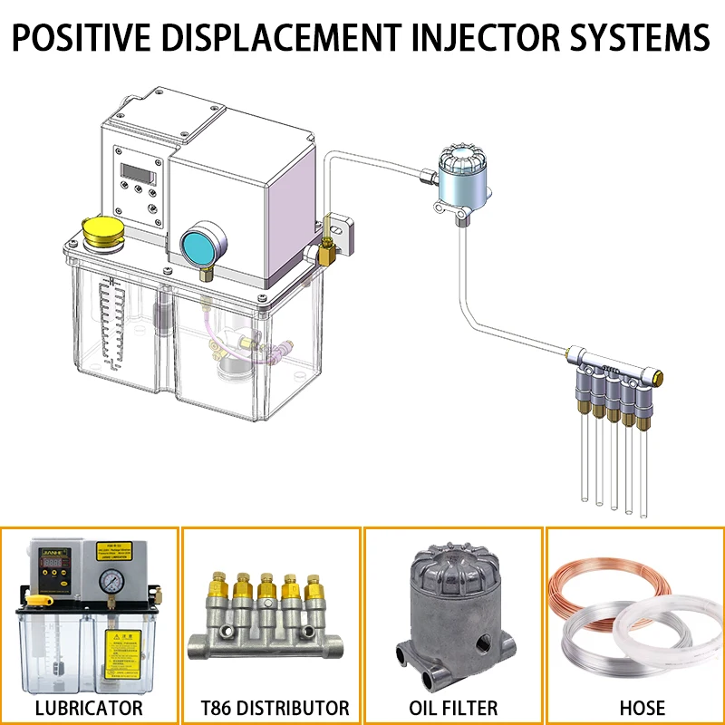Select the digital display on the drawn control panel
click(140, 170)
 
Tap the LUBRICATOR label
click(89, 707)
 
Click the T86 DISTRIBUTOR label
click(271, 707)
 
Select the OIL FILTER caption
click(453, 707)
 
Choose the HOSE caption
click(634, 707)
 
